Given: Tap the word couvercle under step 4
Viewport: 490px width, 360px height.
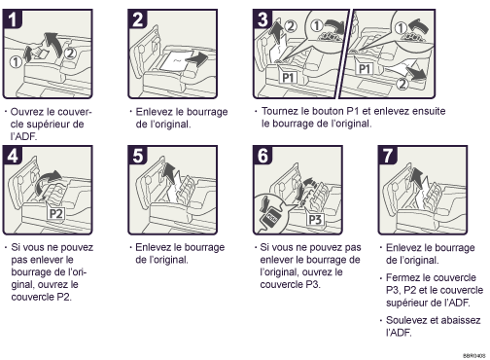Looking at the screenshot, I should click(38, 301).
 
